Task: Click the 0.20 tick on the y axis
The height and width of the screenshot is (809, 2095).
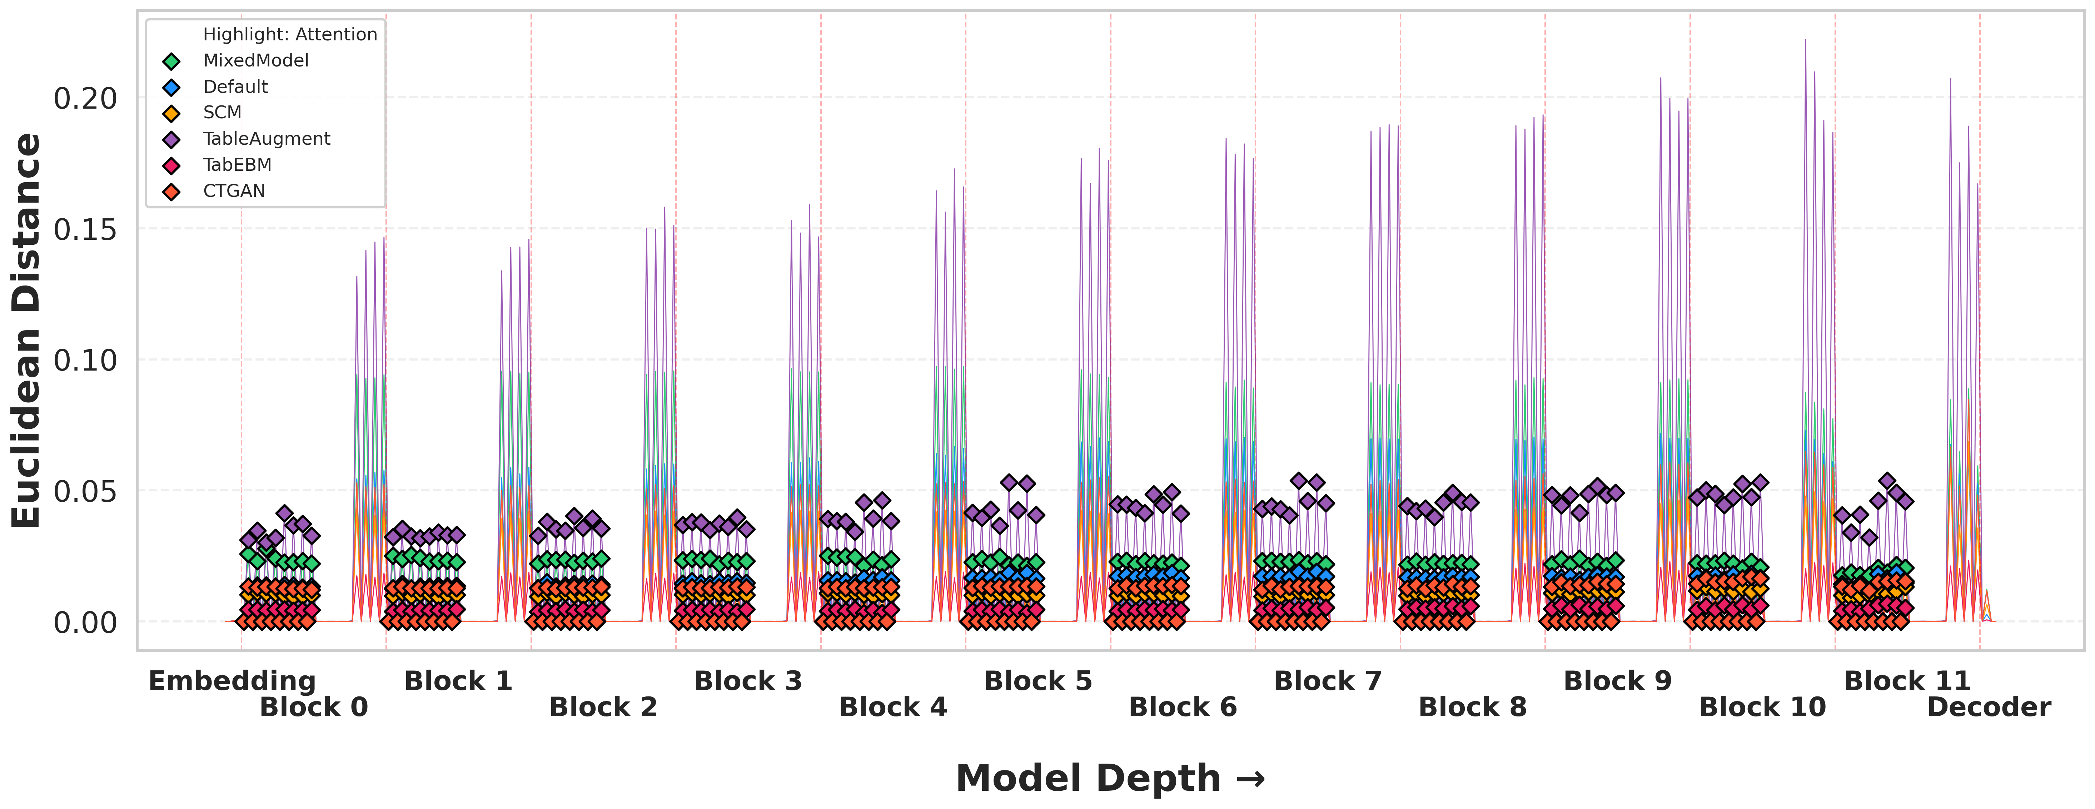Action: click(x=85, y=98)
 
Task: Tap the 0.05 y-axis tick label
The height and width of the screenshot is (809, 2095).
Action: click(x=85, y=491)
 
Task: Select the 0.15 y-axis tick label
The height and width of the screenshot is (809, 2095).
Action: click(x=85, y=229)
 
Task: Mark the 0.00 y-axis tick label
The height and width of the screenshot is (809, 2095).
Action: click(x=85, y=623)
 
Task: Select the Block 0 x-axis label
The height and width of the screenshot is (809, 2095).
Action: click(x=313, y=708)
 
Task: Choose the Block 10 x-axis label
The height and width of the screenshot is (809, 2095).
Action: click(x=1762, y=708)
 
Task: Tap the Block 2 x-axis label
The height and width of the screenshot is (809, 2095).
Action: click(x=603, y=708)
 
